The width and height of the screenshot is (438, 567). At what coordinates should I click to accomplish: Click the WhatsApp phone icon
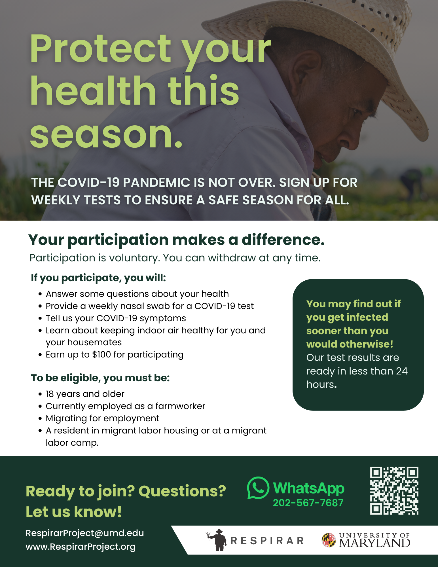(258, 488)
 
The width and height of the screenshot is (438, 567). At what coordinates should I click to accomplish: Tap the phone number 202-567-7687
(308, 503)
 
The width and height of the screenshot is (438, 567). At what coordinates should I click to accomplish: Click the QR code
(394, 491)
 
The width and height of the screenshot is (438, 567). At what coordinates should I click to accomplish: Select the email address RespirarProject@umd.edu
(85, 533)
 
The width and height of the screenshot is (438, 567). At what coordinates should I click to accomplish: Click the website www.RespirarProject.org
(81, 547)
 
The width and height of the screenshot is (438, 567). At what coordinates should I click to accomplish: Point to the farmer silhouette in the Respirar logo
(217, 540)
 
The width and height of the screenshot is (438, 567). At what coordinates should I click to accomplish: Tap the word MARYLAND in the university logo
(374, 543)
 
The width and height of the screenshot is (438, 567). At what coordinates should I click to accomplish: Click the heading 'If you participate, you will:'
(98, 278)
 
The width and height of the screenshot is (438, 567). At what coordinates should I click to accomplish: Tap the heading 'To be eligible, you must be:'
(100, 378)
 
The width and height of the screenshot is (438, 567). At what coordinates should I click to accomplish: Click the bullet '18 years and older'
(85, 394)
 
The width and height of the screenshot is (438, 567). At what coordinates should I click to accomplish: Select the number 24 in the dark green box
(402, 371)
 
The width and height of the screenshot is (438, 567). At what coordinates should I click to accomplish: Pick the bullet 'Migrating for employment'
(102, 418)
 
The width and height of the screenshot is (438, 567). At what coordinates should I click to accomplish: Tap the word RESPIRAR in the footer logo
(267, 541)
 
